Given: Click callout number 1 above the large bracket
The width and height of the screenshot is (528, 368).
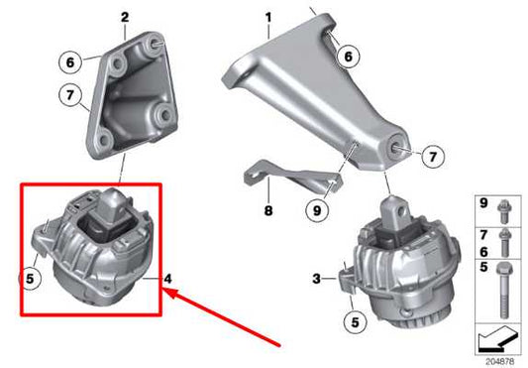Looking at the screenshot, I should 266,17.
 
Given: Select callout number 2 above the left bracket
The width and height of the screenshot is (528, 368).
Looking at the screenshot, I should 124,17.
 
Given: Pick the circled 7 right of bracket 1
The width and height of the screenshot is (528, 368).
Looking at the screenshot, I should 432,155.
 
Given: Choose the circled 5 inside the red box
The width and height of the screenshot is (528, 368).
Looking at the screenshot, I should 32,279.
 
